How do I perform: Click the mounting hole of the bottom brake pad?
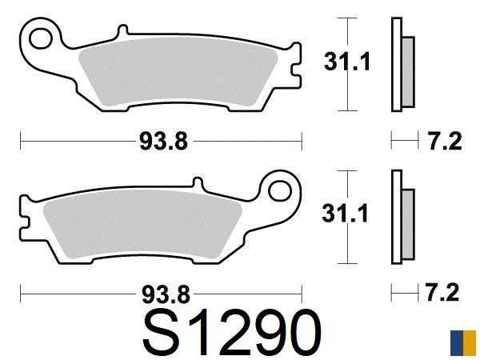(x=281, y=190)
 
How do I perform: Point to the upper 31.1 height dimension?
(x=346, y=62)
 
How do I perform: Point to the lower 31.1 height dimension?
(x=346, y=214)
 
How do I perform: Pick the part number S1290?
(x=232, y=332)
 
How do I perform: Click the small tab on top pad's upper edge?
(x=122, y=31)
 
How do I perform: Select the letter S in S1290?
(x=164, y=332)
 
